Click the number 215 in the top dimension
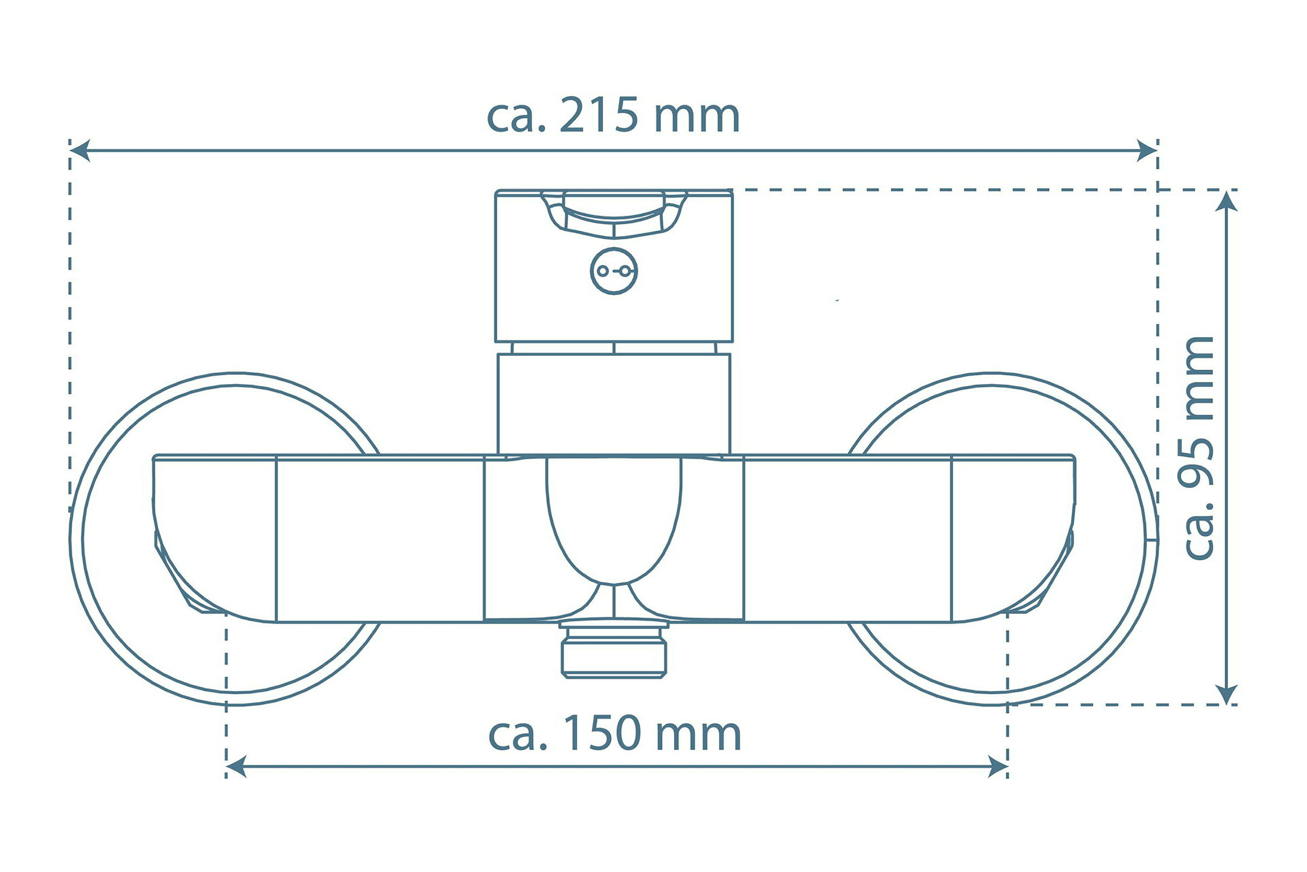(x=598, y=115)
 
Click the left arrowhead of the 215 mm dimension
(x=80, y=150)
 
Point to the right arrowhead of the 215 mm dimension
(x=1147, y=150)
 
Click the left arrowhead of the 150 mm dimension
(x=236, y=767)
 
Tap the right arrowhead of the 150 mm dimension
(x=998, y=767)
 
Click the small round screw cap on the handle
(x=614, y=271)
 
